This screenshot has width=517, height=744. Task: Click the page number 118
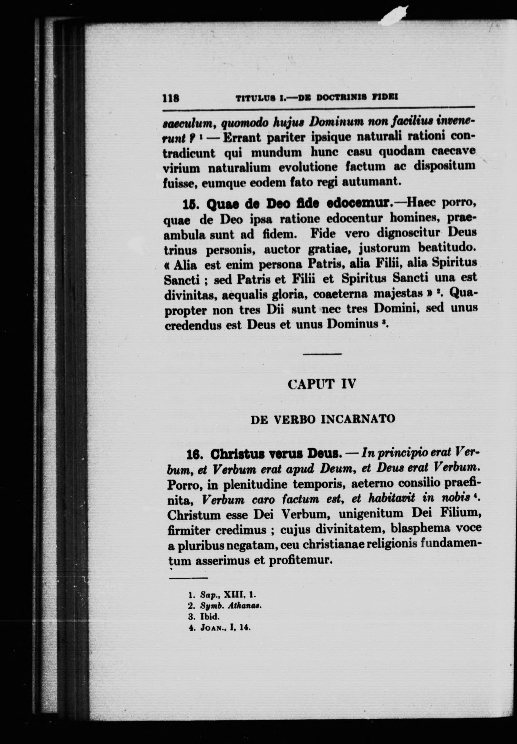click(x=171, y=98)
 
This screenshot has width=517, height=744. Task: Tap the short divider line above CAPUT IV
click(x=322, y=354)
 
